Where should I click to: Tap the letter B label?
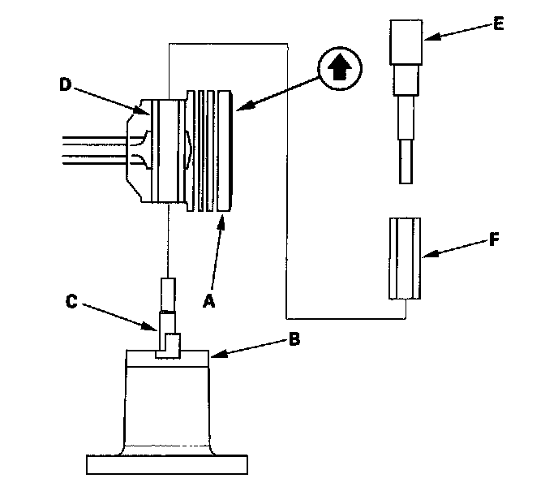(x=294, y=338)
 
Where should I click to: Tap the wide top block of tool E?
(x=405, y=41)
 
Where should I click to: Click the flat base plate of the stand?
(x=168, y=464)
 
